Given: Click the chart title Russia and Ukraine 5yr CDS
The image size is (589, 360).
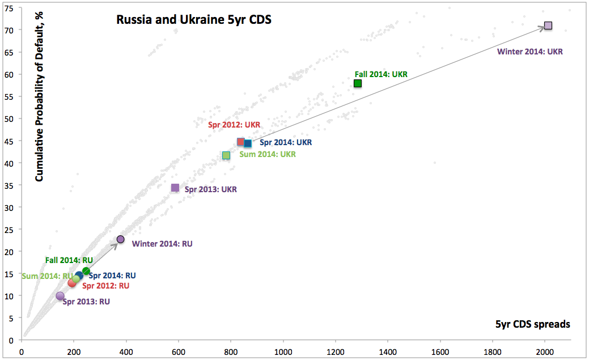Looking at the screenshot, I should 193,20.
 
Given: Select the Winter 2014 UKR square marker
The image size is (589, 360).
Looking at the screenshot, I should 548,26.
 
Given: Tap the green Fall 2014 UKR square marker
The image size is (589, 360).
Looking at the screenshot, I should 358,83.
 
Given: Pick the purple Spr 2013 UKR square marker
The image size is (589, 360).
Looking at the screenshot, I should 175,188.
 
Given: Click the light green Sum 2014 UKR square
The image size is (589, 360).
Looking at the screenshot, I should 226,155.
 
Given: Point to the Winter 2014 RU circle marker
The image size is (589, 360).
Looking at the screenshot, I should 120,239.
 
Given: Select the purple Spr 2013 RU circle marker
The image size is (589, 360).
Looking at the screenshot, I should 60,296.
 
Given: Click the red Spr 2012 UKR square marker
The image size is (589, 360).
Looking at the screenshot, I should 240,142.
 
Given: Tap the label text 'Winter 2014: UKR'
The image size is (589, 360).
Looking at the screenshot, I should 530,52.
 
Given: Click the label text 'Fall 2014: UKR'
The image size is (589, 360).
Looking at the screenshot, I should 381,74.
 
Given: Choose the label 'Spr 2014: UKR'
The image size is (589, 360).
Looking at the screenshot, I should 286,143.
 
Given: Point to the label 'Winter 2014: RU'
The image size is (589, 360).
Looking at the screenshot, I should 162,244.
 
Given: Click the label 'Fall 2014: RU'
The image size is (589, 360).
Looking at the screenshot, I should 69,260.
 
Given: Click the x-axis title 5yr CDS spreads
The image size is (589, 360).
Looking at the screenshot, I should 532,324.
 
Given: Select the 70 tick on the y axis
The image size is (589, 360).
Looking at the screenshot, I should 10,29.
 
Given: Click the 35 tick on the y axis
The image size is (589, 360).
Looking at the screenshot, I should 10,185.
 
